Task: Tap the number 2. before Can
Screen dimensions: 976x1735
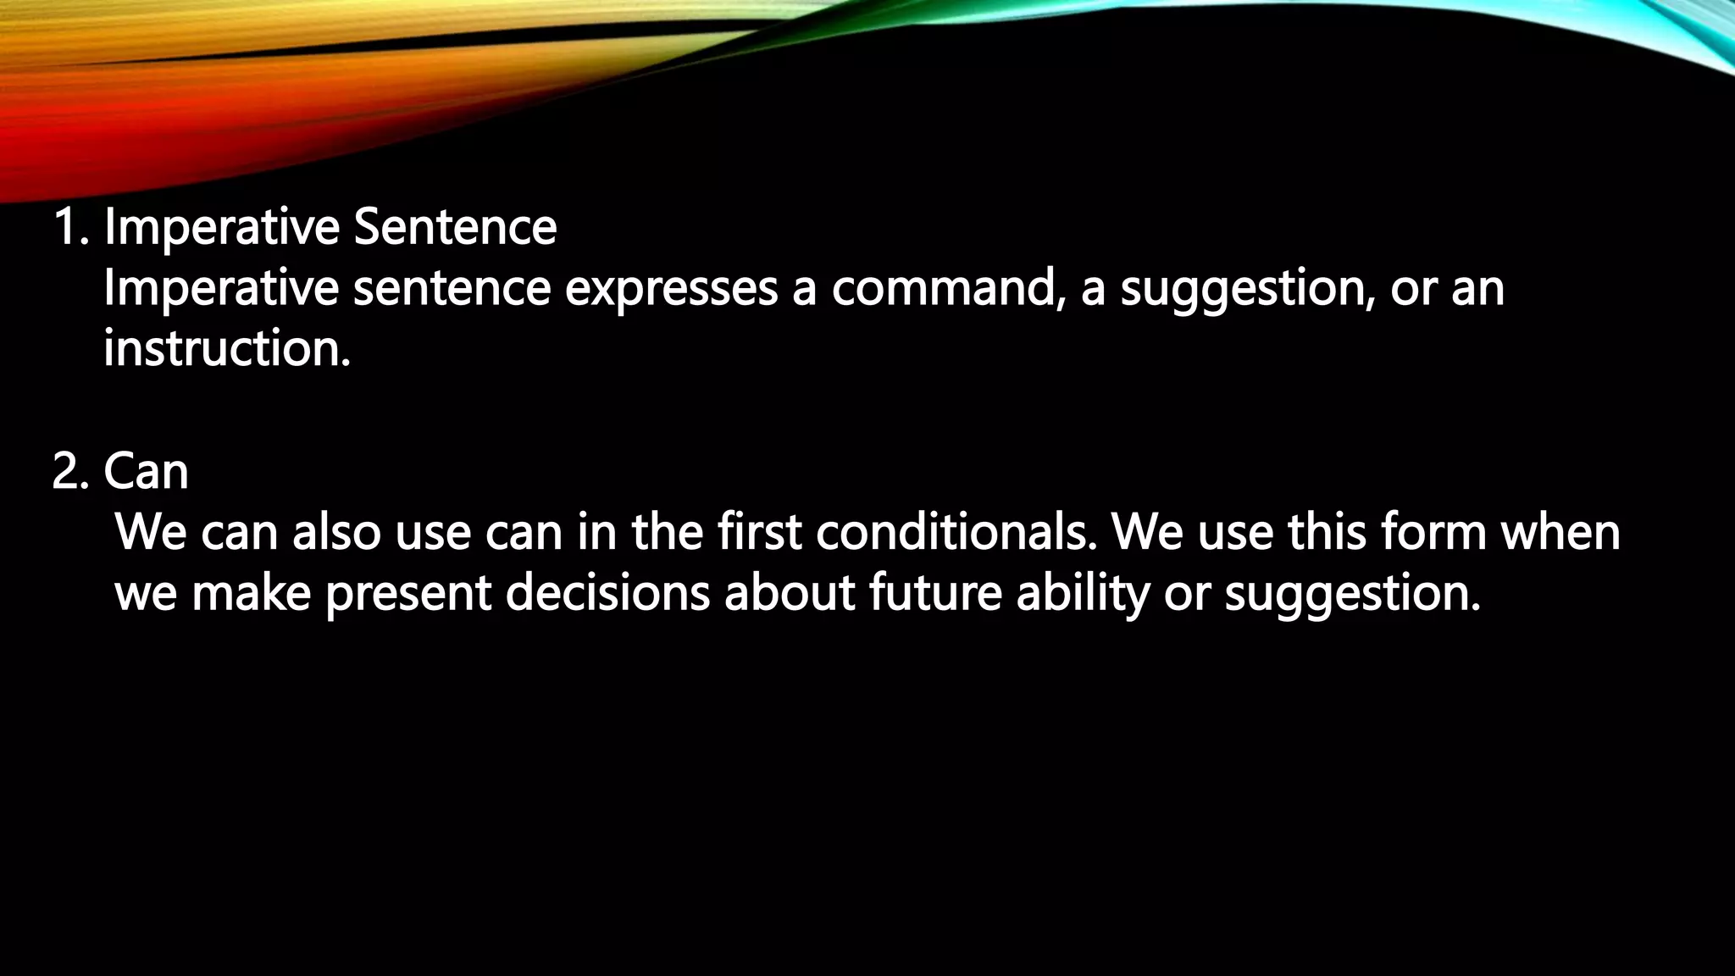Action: [x=70, y=471]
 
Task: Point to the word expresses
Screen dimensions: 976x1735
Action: [x=671, y=289]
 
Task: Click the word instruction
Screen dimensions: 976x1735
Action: [x=226, y=349]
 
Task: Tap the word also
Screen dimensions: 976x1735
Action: [x=337, y=533]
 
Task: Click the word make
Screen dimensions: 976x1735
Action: [x=252, y=593]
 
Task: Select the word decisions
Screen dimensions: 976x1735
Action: [x=607, y=593]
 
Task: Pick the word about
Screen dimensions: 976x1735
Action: [x=790, y=593]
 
